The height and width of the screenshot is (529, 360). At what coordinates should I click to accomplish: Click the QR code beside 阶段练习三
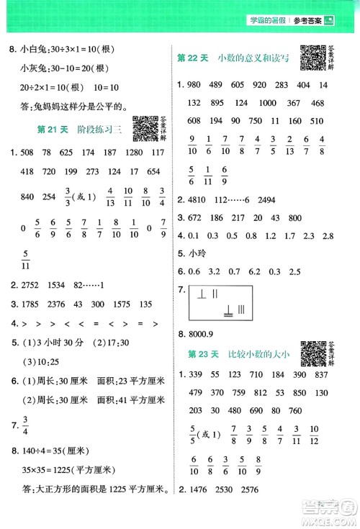(146, 127)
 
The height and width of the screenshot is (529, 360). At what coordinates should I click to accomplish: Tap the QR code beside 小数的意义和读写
(310, 58)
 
